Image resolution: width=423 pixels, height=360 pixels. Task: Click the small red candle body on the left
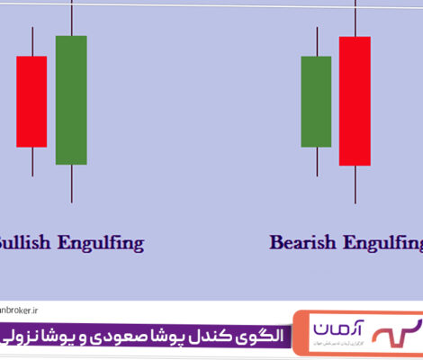pyautogui.click(x=31, y=101)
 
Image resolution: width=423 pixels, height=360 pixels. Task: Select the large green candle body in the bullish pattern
pyautogui.click(x=71, y=100)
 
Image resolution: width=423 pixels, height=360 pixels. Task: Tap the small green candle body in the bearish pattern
pyautogui.click(x=316, y=101)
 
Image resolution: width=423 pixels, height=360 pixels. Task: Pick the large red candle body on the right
pyautogui.click(x=355, y=101)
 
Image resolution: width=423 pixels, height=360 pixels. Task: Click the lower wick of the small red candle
pyautogui.click(x=32, y=161)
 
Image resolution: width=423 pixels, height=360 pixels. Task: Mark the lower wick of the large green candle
pyautogui.click(x=71, y=184)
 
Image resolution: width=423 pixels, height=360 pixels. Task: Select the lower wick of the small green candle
pyautogui.click(x=316, y=161)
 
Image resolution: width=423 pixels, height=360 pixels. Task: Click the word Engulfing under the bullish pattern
pyautogui.click(x=100, y=243)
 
